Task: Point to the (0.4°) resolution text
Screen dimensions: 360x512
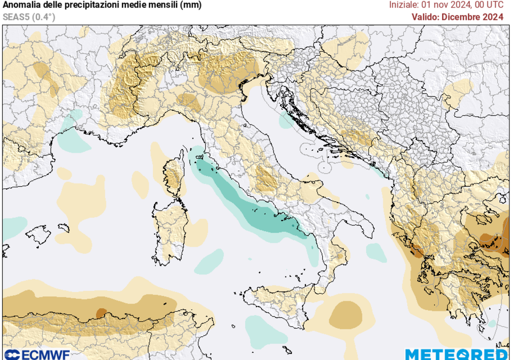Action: [x=44, y=16]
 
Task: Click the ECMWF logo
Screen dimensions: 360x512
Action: [x=35, y=354]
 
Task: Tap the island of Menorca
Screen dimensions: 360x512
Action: [x=63, y=227]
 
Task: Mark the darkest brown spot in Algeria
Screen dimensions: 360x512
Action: [x=101, y=313]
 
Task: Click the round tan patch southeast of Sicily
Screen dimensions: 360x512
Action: [x=345, y=314]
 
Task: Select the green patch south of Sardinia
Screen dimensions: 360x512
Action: [x=209, y=261]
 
